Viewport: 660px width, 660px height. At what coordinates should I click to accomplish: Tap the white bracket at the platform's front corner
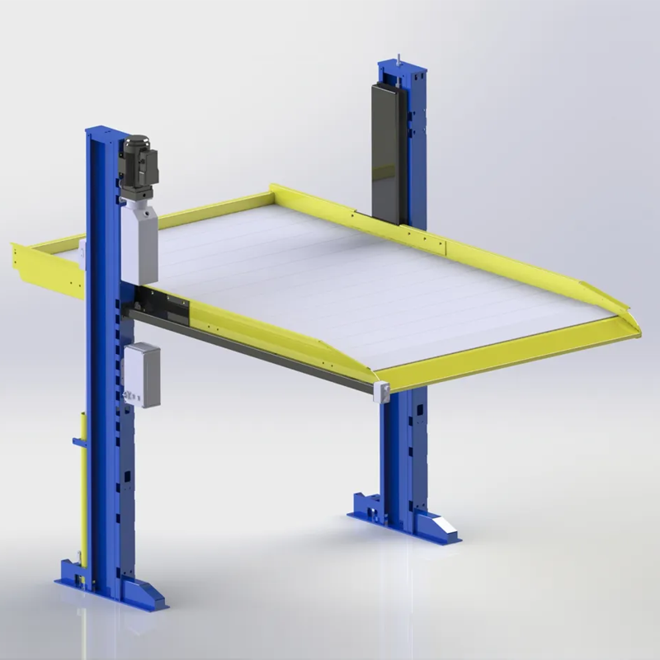click(381, 391)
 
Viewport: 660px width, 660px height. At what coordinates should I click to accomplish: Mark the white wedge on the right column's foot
click(445, 529)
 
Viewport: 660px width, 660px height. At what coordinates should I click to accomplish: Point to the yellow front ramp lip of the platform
click(511, 346)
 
